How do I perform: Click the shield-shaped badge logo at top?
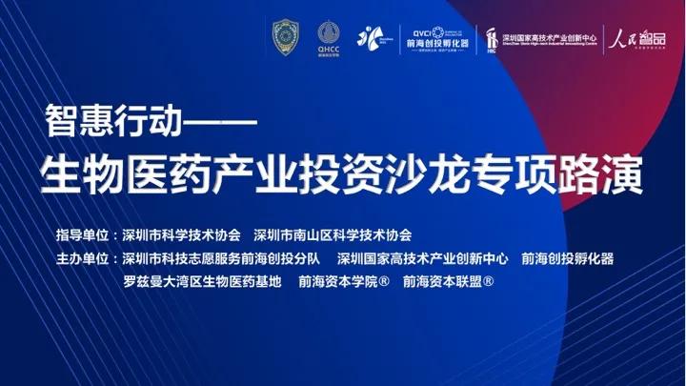pos(284,37)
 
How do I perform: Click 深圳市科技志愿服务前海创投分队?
pos(223,258)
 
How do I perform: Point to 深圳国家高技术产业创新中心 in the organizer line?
pos(424,258)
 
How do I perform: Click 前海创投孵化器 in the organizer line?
pos(569,258)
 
